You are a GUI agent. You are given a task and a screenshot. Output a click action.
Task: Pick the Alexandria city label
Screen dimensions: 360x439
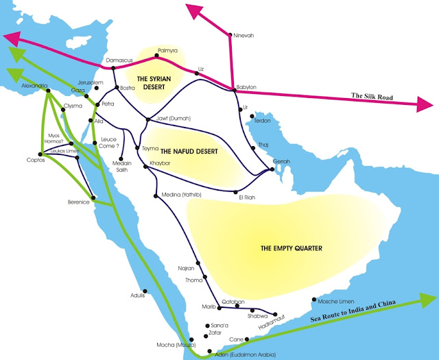coord(34,86)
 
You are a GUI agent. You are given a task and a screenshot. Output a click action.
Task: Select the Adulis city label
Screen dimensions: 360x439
coord(138,296)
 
